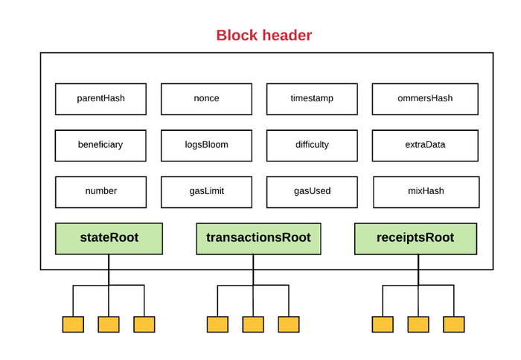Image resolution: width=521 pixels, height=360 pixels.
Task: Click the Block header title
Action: pos(264,35)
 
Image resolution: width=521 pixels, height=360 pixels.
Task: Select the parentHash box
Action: pos(100,99)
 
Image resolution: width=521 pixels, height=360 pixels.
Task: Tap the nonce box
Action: pos(206,99)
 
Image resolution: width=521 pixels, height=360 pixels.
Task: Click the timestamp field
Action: pos(312,99)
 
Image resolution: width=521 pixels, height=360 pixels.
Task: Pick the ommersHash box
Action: pos(425,99)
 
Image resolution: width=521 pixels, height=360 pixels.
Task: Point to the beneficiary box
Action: pos(100,146)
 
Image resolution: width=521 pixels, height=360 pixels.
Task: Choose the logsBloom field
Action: pos(206,146)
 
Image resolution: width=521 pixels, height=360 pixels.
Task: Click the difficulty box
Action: pos(312,146)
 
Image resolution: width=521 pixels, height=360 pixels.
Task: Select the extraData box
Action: pos(425,146)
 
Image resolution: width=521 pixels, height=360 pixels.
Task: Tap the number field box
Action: pos(100,192)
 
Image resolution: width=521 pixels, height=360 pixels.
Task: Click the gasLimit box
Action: pos(206,192)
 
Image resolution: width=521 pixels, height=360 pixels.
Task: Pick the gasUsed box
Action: pos(312,192)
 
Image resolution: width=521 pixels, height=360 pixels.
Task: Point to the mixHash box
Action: pos(426,192)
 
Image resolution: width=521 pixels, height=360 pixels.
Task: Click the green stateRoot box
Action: pos(109,239)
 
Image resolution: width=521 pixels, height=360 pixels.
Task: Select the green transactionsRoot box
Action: pos(258,239)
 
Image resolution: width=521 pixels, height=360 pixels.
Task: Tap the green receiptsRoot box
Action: pos(415,239)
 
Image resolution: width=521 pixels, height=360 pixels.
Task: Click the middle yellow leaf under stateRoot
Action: pos(109,324)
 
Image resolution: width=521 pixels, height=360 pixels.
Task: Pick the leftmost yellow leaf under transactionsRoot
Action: pos(217,324)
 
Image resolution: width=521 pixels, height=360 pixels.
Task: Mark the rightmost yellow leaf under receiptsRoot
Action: pos(454,324)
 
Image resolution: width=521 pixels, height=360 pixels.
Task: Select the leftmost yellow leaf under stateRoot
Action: pos(73,324)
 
